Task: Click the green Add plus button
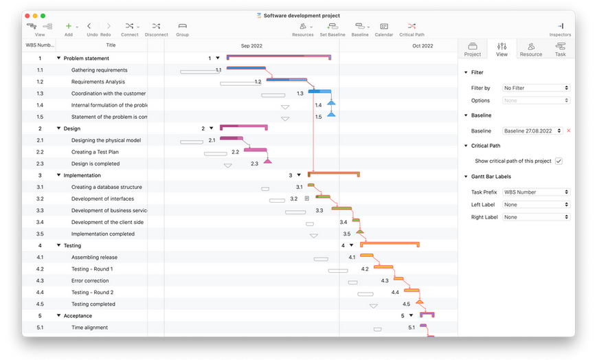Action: (x=69, y=26)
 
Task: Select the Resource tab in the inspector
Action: (x=531, y=49)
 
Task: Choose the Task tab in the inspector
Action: (x=560, y=49)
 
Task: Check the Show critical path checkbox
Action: (x=559, y=161)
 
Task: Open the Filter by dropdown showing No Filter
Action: (x=536, y=88)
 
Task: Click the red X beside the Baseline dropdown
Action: (x=569, y=131)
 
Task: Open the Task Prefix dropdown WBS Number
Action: (x=536, y=192)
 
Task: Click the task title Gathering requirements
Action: (x=100, y=70)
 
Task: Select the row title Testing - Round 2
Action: (x=93, y=293)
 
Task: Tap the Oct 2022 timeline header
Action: (x=423, y=46)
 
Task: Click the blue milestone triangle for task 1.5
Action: (x=331, y=114)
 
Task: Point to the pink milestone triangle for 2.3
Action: (x=268, y=161)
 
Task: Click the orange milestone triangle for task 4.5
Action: (x=420, y=302)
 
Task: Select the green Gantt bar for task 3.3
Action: (x=341, y=208)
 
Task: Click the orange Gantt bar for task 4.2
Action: (x=383, y=267)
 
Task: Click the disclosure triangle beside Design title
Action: (x=58, y=128)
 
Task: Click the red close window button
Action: (x=27, y=16)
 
